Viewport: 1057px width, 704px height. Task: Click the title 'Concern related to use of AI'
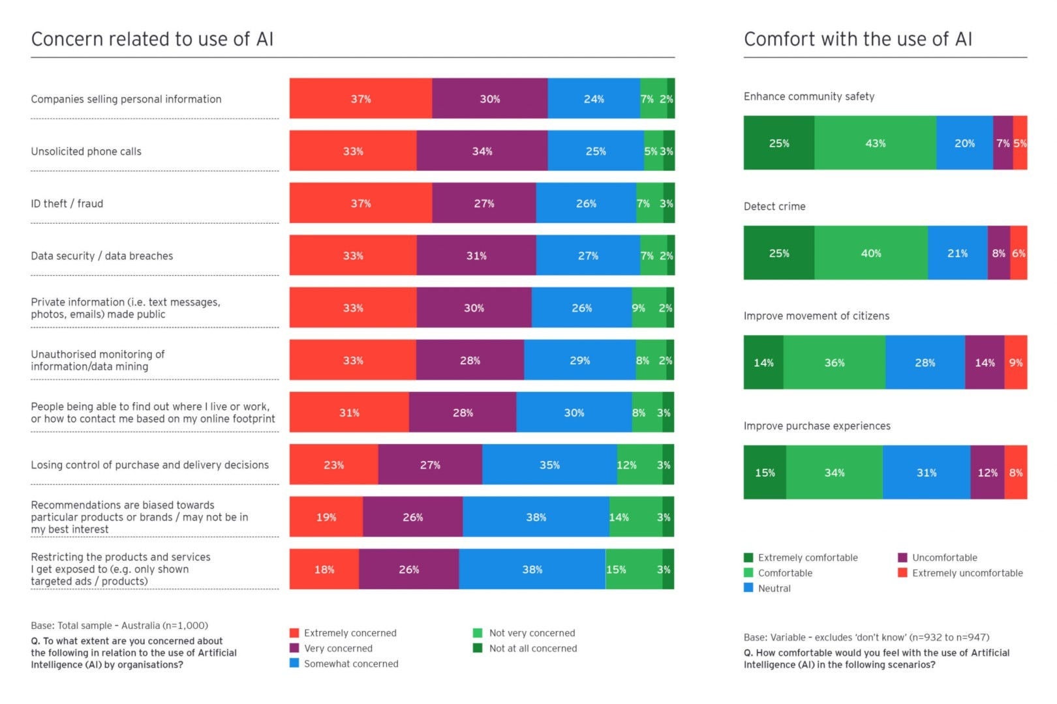pos(152,39)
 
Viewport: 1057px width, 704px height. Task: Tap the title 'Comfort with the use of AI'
pos(857,39)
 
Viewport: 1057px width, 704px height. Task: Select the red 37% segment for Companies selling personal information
pos(360,98)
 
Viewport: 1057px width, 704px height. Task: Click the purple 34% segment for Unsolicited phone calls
pos(482,151)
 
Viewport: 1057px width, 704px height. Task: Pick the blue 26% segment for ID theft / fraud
pos(586,203)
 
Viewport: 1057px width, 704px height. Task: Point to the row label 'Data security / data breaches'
pos(102,256)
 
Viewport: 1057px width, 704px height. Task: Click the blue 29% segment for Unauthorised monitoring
pos(579,360)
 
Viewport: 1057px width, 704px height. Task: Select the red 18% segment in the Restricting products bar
pos(324,569)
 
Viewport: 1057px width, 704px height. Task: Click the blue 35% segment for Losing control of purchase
pos(549,465)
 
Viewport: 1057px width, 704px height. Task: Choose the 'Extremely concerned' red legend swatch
pos(294,633)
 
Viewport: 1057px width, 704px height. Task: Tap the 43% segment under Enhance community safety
pos(875,143)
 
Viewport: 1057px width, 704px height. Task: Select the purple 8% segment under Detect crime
pos(998,253)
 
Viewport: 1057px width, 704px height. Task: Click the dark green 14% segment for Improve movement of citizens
pos(763,362)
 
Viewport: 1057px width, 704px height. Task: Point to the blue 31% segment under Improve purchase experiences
pos(926,473)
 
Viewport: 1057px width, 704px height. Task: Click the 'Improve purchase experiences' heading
pos(817,426)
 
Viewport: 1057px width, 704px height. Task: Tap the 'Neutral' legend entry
pos(774,588)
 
